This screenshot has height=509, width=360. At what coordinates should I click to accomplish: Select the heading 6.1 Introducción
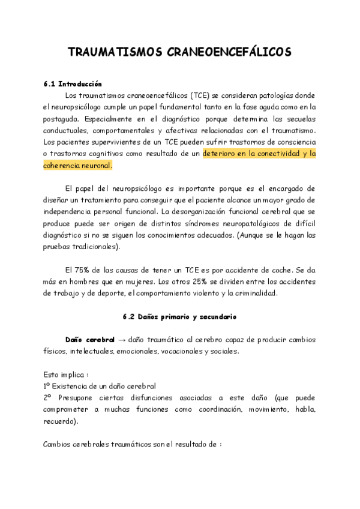[x=73, y=84]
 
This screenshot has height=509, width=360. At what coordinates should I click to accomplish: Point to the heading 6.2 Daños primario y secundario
[x=180, y=316]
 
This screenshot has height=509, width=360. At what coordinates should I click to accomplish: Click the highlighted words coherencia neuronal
[x=77, y=165]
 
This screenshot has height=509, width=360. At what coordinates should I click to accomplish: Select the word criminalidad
[x=254, y=293]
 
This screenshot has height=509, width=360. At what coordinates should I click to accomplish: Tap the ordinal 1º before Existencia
[x=47, y=385]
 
